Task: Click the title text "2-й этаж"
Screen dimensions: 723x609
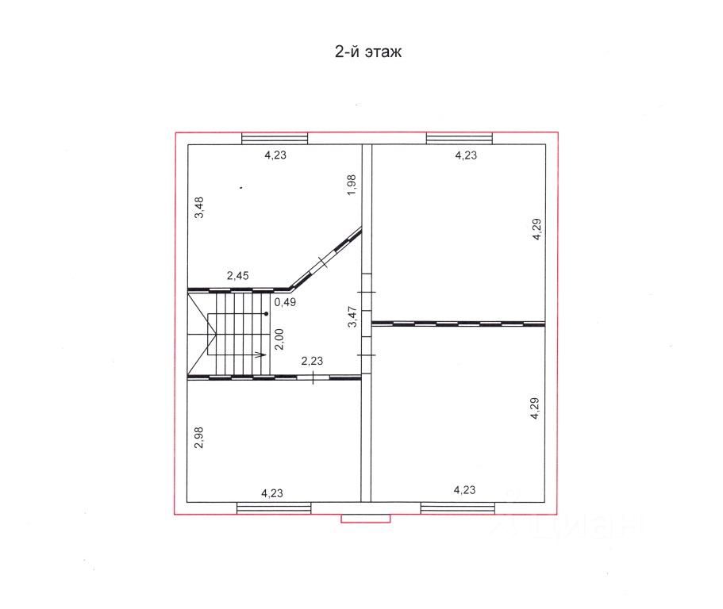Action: [x=368, y=52]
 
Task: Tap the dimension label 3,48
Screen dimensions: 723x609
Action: [x=199, y=208]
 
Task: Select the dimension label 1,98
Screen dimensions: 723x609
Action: [x=352, y=185]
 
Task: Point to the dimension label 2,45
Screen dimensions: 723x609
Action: [x=237, y=275]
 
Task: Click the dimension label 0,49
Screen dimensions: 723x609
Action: [x=285, y=302]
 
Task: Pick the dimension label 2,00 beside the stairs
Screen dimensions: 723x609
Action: [x=279, y=339]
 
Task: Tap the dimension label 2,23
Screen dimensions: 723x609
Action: [x=312, y=361]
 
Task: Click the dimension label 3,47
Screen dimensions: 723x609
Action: [x=352, y=316]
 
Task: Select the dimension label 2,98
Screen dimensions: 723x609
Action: [x=198, y=438]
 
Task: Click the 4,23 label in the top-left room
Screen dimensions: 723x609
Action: [x=275, y=155]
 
